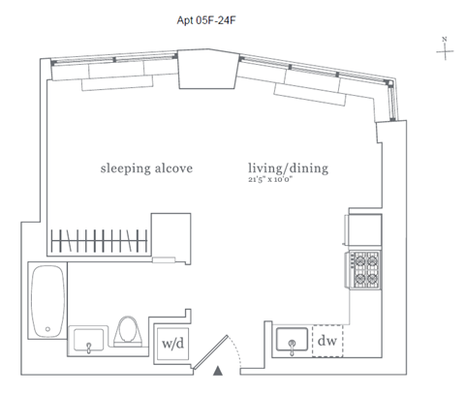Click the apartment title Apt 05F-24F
pyautogui.click(x=206, y=20)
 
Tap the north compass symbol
pyautogui.click(x=445, y=49)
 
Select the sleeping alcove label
pyautogui.click(x=146, y=168)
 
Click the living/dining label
pyautogui.click(x=288, y=168)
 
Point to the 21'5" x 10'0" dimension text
pyautogui.click(x=270, y=180)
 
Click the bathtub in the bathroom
pyautogui.click(x=47, y=301)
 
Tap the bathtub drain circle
pyautogui.click(x=47, y=329)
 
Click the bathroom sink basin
pyautogui.click(x=88, y=340)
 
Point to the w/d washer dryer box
pyautogui.click(x=172, y=344)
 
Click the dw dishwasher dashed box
pyautogui.click(x=327, y=341)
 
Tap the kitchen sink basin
pyautogui.click(x=292, y=339)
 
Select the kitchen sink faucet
pyautogui.click(x=292, y=347)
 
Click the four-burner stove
pyautogui.click(x=363, y=270)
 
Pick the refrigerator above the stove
pyautogui.click(x=363, y=229)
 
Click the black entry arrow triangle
pyautogui.click(x=218, y=371)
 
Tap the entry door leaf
pyautogui.click(x=210, y=352)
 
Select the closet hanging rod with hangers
pyautogui.click(x=99, y=241)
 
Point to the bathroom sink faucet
pyautogui.click(x=89, y=349)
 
